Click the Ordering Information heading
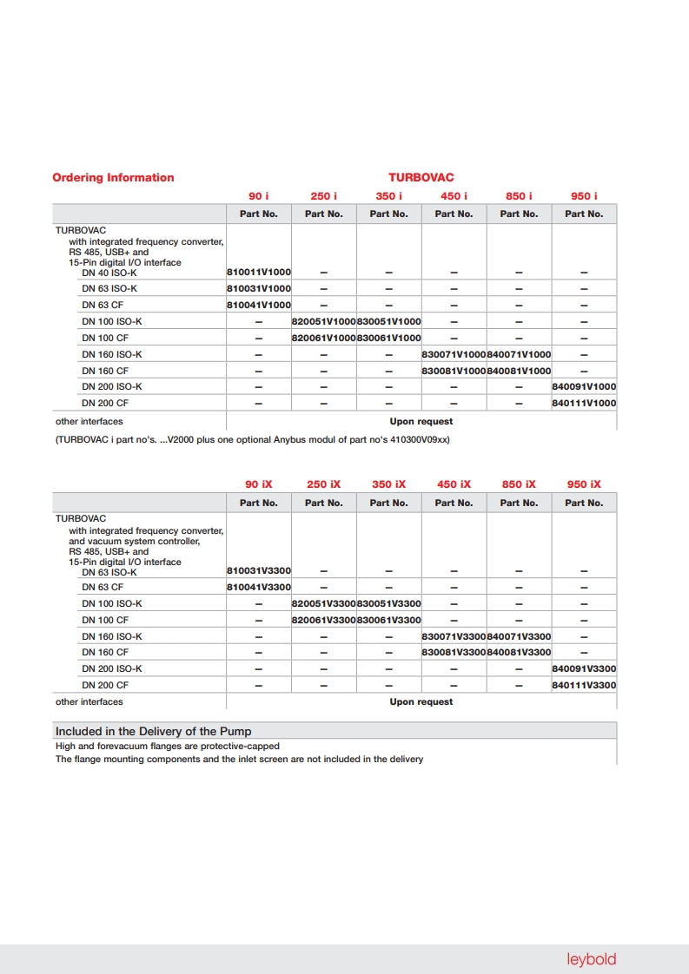(x=113, y=178)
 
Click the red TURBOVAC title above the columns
(x=421, y=178)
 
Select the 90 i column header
(x=258, y=196)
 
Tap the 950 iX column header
(x=584, y=484)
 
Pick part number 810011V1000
(x=259, y=273)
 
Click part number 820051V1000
(x=324, y=321)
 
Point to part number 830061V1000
(x=389, y=338)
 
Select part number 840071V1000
(x=520, y=354)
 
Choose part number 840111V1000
(x=585, y=403)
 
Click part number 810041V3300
(x=259, y=588)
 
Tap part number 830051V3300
(x=389, y=603)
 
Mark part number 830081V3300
(x=454, y=652)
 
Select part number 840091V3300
(x=585, y=668)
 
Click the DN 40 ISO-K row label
(x=109, y=273)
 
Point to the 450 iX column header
(x=454, y=484)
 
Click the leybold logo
(x=591, y=959)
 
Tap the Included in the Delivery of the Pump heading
(x=153, y=731)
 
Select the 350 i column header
(x=388, y=196)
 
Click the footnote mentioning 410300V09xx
(x=252, y=439)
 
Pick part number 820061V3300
(x=324, y=620)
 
